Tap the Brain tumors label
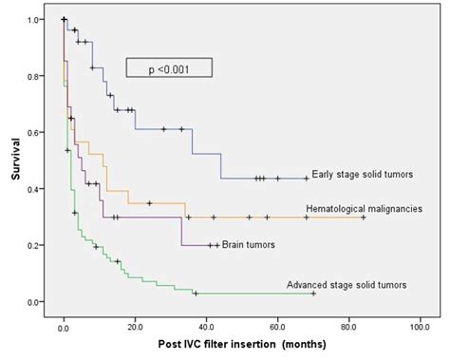(x=250, y=244)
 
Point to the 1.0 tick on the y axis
(x=34, y=20)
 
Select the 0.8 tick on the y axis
(x=34, y=76)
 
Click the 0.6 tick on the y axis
(x=34, y=133)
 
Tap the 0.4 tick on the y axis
(x=34, y=189)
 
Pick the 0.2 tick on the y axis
(x=34, y=246)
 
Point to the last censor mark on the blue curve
(x=306, y=178)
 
